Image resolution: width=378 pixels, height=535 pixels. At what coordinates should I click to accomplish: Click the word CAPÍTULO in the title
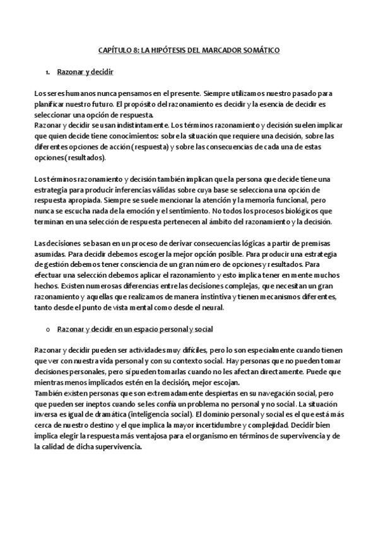(115, 49)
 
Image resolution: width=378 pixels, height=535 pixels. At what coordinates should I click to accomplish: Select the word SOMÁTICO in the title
(258, 49)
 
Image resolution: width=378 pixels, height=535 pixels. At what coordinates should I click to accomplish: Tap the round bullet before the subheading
(48, 329)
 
